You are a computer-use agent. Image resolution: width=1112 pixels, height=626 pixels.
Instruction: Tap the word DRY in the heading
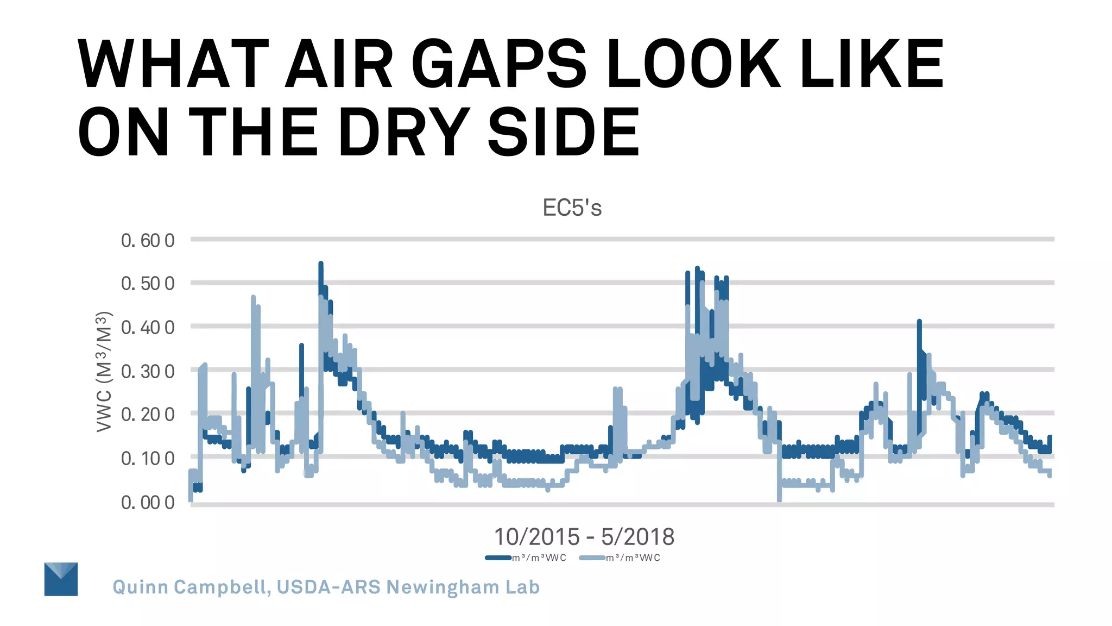[404, 132]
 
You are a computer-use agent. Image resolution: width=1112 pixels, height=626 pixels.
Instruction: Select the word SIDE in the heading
[564, 132]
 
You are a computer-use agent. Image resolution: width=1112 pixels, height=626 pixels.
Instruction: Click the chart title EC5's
[572, 208]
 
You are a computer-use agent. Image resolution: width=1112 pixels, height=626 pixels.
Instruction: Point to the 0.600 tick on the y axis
[148, 240]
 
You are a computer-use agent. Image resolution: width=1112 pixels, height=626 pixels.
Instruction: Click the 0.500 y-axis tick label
[148, 284]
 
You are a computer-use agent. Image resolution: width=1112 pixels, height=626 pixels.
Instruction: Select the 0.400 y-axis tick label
[148, 327]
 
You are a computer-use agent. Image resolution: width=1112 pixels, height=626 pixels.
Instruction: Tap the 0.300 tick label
[148, 371]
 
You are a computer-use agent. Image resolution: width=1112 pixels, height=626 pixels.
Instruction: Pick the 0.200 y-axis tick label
[148, 415]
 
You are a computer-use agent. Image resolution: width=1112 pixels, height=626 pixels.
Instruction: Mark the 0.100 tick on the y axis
[148, 458]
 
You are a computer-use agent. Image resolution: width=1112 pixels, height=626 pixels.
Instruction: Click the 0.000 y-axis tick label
[148, 502]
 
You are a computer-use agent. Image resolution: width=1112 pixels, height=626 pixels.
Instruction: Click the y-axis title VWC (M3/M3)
[104, 372]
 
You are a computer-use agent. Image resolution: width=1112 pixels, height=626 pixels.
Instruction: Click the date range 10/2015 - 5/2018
[584, 537]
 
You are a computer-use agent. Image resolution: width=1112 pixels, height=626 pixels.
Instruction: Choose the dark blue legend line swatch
[498, 558]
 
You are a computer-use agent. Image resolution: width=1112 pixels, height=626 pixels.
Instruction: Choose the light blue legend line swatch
[592, 558]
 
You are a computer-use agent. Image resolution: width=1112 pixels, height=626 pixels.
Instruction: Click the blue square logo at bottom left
[61, 579]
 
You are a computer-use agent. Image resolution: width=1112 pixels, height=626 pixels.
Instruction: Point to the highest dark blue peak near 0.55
[321, 265]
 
